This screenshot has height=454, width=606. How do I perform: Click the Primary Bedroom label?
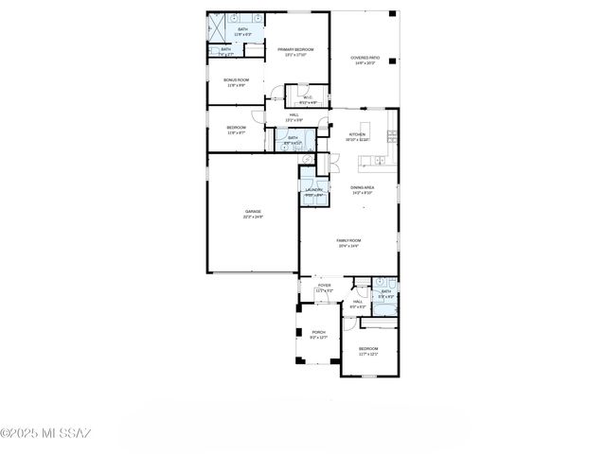coord(295,49)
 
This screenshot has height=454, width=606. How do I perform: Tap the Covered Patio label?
coord(364,58)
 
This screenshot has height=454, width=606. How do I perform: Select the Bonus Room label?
coord(236,80)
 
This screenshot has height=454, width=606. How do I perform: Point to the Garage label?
coord(253,211)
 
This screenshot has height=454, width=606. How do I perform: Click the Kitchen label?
coord(357,134)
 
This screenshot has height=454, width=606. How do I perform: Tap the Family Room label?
coord(348,240)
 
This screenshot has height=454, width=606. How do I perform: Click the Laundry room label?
coord(313,189)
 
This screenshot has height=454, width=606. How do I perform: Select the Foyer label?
coord(324,285)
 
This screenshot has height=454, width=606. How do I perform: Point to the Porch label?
coord(318,332)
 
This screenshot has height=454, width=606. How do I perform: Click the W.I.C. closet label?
coord(308,96)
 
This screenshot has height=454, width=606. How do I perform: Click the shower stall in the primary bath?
coord(217,23)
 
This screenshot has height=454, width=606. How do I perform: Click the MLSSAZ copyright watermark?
coord(45,434)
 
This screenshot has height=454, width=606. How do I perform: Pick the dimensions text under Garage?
coord(253,218)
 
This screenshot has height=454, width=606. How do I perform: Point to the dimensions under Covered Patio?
coord(364,63)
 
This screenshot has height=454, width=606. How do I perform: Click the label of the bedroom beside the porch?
coord(367,349)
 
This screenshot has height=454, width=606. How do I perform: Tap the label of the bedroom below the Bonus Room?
coord(236,128)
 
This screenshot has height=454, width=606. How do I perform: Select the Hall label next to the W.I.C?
coord(294,114)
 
